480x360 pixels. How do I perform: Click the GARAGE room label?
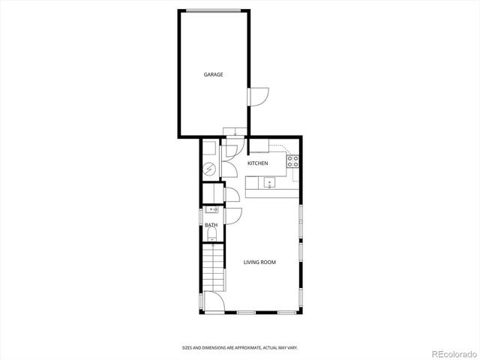tap(214, 74)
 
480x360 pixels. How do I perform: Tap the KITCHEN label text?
tap(258, 163)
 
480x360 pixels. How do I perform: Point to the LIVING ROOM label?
tap(260, 262)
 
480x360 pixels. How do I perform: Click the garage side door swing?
tap(257, 96)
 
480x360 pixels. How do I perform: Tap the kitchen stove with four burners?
tap(293, 160)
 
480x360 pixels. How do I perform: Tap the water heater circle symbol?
tap(210, 169)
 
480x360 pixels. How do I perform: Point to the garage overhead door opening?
tap(214, 10)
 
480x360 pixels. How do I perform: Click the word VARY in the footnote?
tap(291, 347)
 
